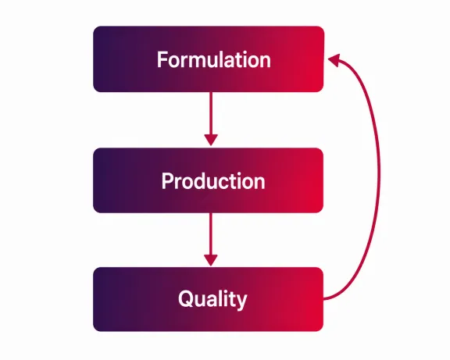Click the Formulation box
pyautogui.click(x=209, y=59)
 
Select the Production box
pyautogui.click(x=209, y=180)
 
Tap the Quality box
pyautogui.click(x=209, y=299)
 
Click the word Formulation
pyautogui.click(x=214, y=59)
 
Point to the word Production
pyautogui.click(x=213, y=181)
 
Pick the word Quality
pyautogui.click(x=212, y=299)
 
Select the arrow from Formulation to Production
pyautogui.click(x=211, y=119)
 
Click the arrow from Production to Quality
pyautogui.click(x=211, y=240)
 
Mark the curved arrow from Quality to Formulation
pyautogui.click(x=380, y=175)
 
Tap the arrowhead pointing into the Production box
pyautogui.click(x=211, y=140)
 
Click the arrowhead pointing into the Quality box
pyautogui.click(x=211, y=261)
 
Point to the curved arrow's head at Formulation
pyautogui.click(x=334, y=59)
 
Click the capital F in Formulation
pyautogui.click(x=162, y=59)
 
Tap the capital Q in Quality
pyautogui.click(x=186, y=298)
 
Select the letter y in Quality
pyautogui.click(x=241, y=301)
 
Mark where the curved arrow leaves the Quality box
pyautogui.click(x=323, y=299)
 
